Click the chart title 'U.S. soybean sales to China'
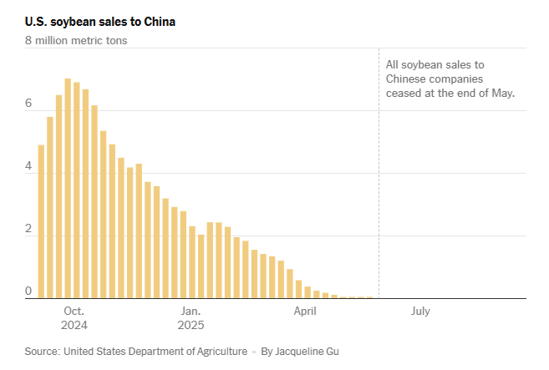(100, 21)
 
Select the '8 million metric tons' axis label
(76, 39)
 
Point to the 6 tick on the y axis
(28, 104)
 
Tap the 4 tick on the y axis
(28, 167)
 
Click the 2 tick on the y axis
(28, 230)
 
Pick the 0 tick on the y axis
(28, 291)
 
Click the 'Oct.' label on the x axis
(74, 312)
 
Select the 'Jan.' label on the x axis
(191, 312)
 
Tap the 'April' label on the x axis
(305, 312)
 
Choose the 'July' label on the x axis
(420, 312)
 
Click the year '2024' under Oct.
(74, 326)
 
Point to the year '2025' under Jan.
(191, 326)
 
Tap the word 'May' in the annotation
(502, 93)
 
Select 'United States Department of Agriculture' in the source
(155, 352)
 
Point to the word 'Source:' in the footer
(42, 352)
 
